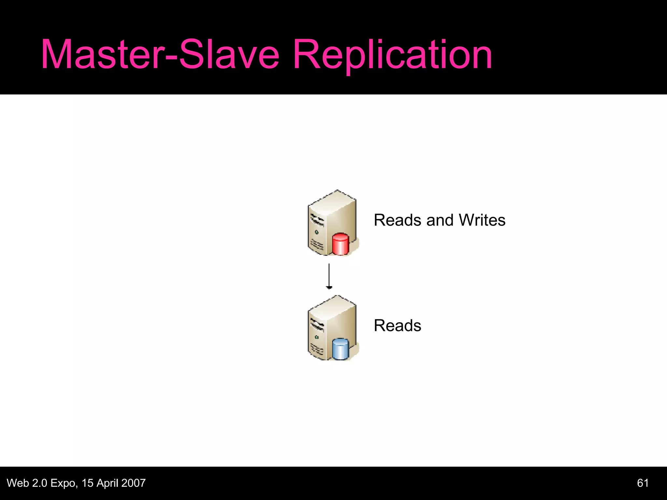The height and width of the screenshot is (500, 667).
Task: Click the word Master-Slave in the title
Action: (160, 55)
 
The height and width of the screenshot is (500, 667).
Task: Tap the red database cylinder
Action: (340, 244)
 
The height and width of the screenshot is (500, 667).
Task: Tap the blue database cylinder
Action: (340, 349)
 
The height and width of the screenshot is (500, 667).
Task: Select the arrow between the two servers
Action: (329, 276)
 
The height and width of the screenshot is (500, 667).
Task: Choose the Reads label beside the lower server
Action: (397, 326)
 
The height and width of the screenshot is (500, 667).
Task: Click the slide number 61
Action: (643, 483)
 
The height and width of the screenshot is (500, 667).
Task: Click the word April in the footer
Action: (107, 483)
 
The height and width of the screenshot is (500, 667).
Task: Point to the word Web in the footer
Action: (18, 483)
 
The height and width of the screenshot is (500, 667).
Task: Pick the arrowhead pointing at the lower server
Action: (329, 287)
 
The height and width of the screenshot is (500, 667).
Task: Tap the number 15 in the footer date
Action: (88, 483)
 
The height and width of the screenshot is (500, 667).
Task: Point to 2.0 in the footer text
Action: (39, 483)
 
